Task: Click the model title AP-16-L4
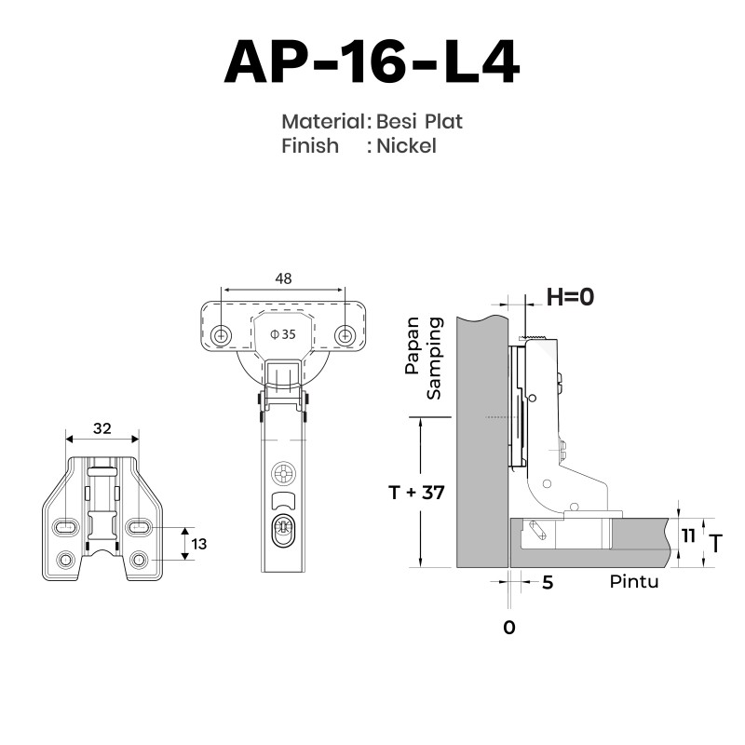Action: [372, 62]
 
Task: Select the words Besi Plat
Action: [419, 122]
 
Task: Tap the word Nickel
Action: [406, 146]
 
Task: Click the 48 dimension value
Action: [283, 278]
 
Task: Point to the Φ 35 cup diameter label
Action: [283, 334]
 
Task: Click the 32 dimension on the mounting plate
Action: [102, 428]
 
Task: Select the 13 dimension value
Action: [199, 544]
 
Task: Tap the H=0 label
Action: [570, 297]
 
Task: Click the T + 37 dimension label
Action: [416, 493]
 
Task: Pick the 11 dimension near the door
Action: [688, 536]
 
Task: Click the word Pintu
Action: [634, 581]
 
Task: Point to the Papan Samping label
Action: [424, 358]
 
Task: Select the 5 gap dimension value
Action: [548, 583]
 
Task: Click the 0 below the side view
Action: [508, 628]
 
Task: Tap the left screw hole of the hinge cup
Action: [221, 336]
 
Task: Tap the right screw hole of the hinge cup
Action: [345, 336]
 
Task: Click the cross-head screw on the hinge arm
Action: [283, 474]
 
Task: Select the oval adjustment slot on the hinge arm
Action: [283, 528]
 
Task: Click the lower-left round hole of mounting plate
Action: [65, 560]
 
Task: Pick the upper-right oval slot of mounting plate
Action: [139, 527]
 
